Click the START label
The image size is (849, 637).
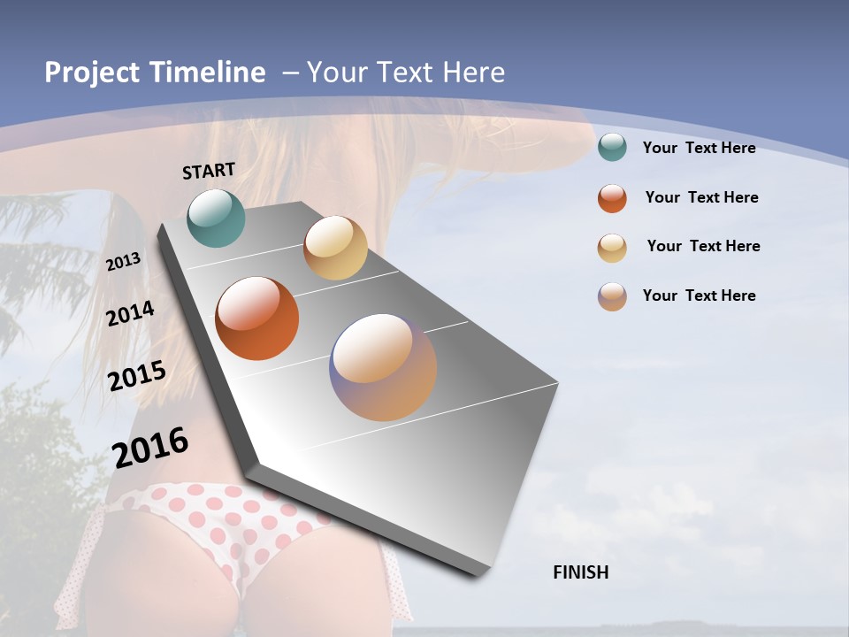click(209, 171)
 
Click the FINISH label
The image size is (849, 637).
click(581, 572)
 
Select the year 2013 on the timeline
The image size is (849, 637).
click(124, 262)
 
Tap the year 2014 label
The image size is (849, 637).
click(131, 313)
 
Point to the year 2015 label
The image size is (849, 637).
click(137, 376)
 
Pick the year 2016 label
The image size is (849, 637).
click(150, 447)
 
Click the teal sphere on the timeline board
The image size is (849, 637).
click(217, 218)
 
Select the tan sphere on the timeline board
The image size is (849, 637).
click(335, 248)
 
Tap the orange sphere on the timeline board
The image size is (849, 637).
click(257, 318)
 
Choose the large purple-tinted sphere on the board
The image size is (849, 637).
click(383, 367)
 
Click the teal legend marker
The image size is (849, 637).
click(612, 147)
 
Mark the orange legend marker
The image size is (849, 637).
click(612, 198)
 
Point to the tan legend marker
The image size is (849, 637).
click(612, 248)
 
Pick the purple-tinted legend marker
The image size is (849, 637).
click(612, 296)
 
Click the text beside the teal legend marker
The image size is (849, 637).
click(699, 148)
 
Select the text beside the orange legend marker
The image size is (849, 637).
click(701, 197)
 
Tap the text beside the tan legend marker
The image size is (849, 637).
click(703, 246)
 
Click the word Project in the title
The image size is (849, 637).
click(91, 73)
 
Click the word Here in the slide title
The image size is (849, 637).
click(473, 73)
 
